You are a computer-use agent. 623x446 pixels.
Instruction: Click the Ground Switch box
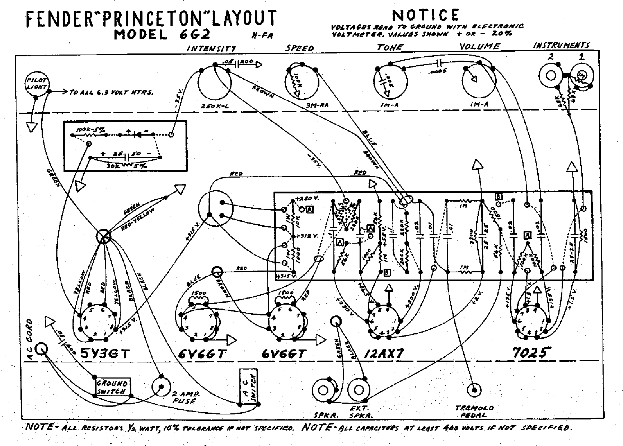pos(112,387)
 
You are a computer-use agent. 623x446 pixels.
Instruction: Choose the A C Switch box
pos(250,386)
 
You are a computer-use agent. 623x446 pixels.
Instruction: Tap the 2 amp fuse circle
pos(161,386)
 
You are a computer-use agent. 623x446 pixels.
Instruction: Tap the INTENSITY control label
pos(211,48)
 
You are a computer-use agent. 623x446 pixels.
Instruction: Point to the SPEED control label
pos(300,48)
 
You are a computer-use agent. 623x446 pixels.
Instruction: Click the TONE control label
pos(390,47)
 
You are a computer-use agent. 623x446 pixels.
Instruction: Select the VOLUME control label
pos(479,46)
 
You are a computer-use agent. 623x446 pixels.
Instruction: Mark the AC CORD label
pos(29,336)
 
